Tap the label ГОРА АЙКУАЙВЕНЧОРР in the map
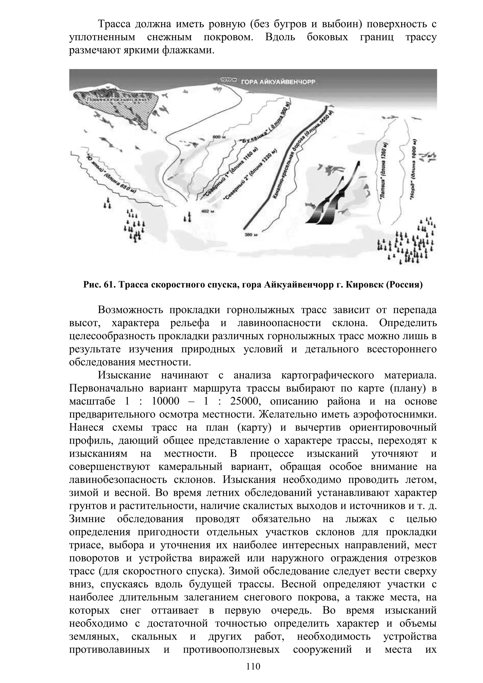tap(278, 82)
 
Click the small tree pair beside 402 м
tap(187, 217)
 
